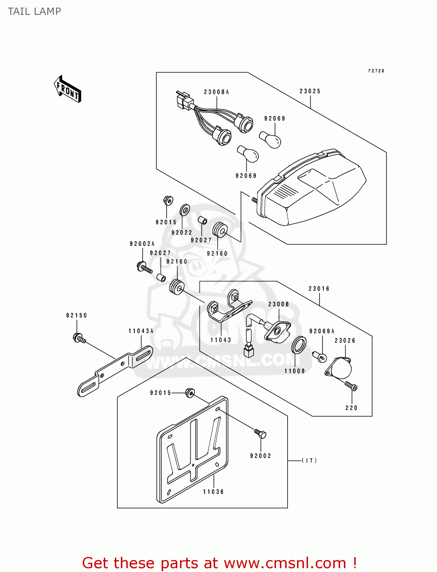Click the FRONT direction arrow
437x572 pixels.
click(67, 89)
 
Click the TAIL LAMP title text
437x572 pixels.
click(34, 11)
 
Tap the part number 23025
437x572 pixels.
click(310, 91)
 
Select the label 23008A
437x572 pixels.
click(216, 92)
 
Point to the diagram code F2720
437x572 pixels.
click(376, 71)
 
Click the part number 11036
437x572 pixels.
click(214, 492)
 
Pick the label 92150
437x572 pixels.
click(76, 315)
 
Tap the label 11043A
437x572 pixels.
click(141, 331)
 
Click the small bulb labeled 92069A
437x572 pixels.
click(320, 357)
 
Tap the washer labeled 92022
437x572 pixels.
click(185, 210)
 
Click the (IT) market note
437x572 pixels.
click(309, 461)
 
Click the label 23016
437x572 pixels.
click(319, 289)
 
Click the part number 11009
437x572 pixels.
click(294, 371)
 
